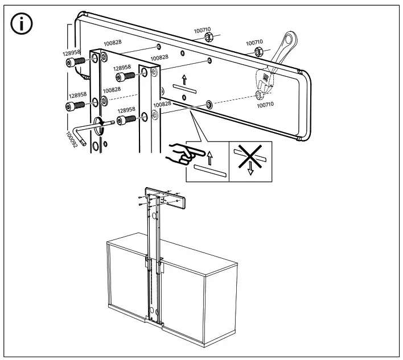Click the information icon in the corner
click(x=22, y=26)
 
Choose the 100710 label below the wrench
click(x=265, y=105)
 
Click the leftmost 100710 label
click(x=202, y=29)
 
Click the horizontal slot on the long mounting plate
click(x=184, y=89)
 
